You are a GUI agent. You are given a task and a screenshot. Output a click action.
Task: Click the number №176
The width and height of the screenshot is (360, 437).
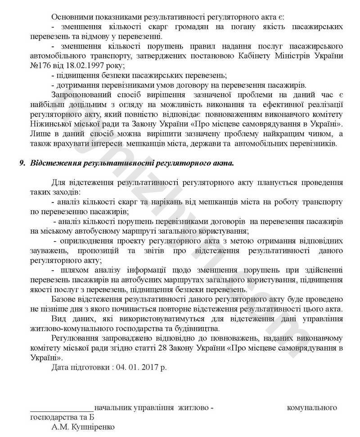[40, 66]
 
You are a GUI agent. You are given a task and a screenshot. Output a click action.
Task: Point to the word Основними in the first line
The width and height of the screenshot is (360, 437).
[71, 17]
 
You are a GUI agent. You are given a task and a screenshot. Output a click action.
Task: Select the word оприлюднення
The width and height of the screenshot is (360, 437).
[85, 241]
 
